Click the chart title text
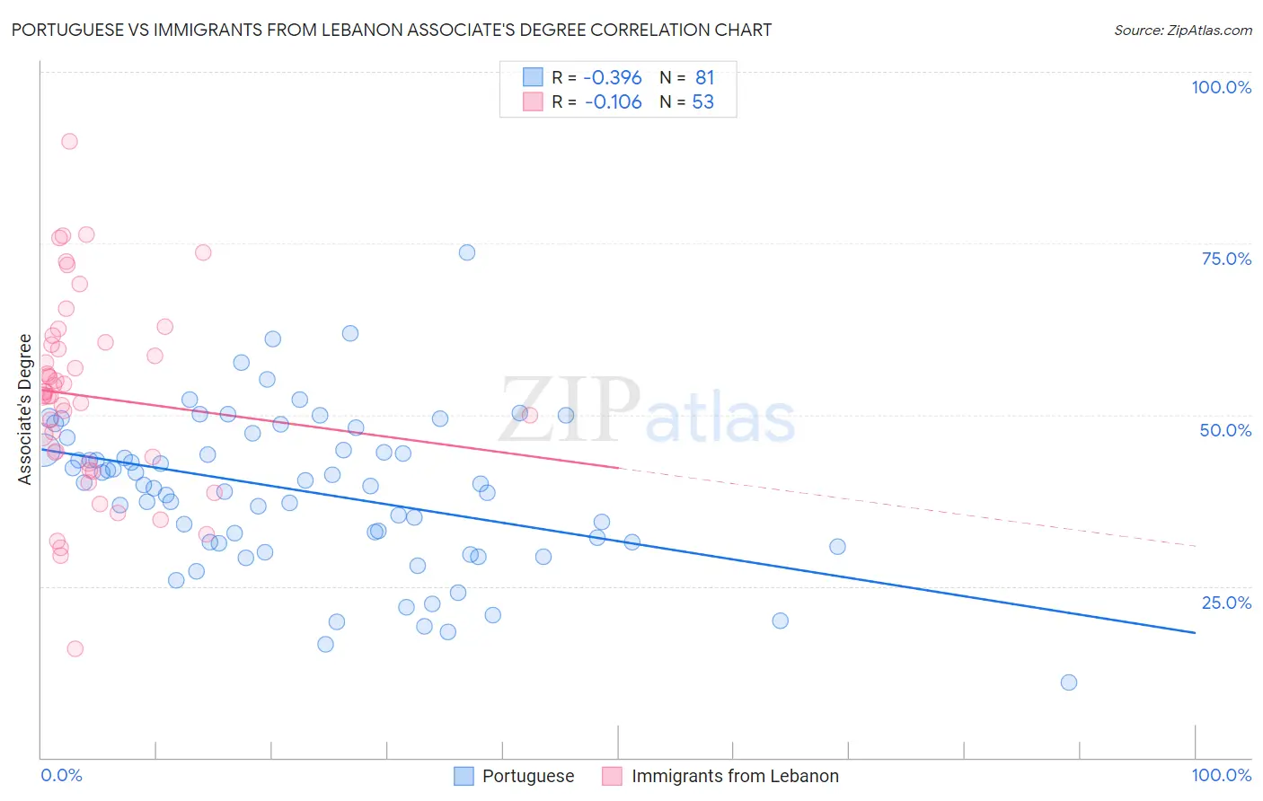(x=391, y=30)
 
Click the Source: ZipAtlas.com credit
(x=1182, y=30)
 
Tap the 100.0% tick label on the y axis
(x=1221, y=87)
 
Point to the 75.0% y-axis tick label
(x=1226, y=259)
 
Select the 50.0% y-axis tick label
(x=1225, y=430)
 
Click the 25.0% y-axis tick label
(x=1226, y=603)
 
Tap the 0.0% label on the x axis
(x=61, y=775)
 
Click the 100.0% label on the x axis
(x=1221, y=775)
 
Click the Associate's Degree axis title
(x=25, y=409)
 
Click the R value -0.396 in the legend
(x=613, y=78)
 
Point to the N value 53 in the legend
(x=702, y=102)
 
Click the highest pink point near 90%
(x=69, y=141)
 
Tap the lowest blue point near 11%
(x=1068, y=682)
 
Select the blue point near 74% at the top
(x=467, y=252)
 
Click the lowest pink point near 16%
(x=75, y=648)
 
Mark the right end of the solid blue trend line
(x=1195, y=633)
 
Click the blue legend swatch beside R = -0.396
(x=533, y=77)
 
